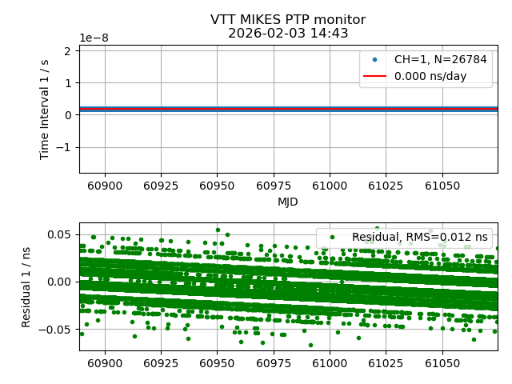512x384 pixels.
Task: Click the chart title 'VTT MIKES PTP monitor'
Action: [x=288, y=20]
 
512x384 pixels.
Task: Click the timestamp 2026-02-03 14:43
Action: [x=288, y=34]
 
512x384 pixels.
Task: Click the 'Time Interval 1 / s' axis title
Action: [x=46, y=109]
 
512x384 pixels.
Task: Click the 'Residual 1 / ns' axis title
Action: [x=26, y=286]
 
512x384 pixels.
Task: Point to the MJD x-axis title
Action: [x=288, y=202]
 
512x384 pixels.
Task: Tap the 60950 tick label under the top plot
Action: [x=217, y=186]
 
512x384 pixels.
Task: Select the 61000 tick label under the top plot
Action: [x=329, y=186]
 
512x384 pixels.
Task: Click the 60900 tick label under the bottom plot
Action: [x=105, y=363]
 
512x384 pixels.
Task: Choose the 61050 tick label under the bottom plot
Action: [x=442, y=363]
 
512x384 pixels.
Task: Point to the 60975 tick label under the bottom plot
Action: [x=273, y=363]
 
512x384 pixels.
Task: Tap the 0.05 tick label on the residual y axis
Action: [x=60, y=234]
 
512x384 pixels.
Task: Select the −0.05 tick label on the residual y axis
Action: [x=57, y=329]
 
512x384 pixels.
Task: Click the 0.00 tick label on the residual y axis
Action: [x=60, y=282]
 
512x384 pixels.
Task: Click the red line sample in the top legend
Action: [x=374, y=77]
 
